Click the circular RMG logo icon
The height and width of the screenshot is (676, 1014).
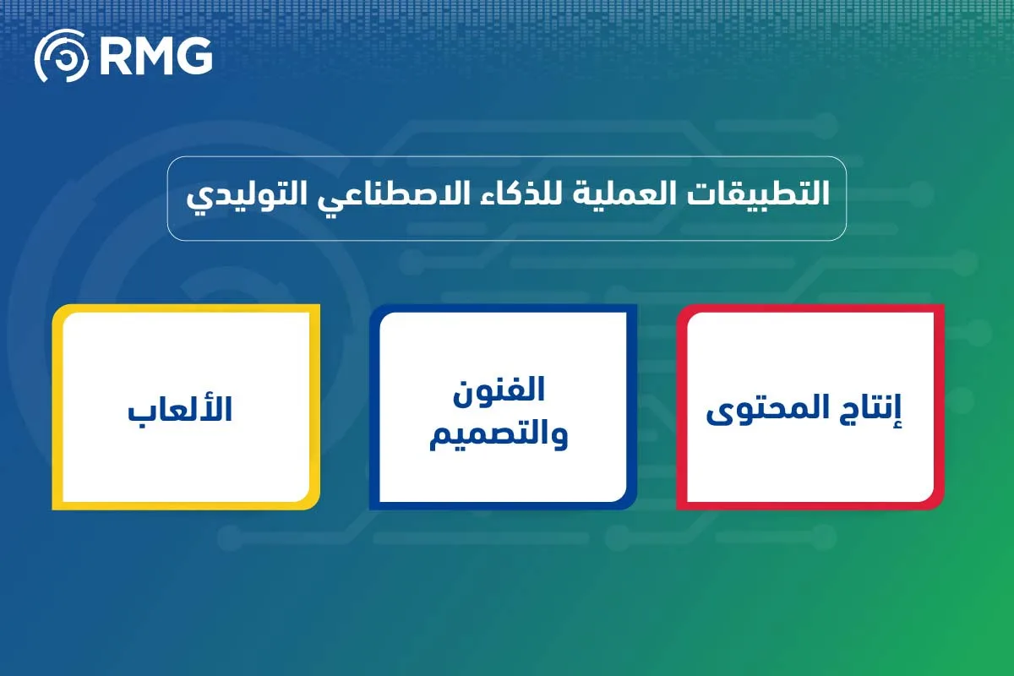click(x=61, y=57)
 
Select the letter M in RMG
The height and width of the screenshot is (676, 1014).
click(x=155, y=57)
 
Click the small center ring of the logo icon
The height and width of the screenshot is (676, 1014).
click(x=61, y=57)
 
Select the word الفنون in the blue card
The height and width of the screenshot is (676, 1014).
click(x=504, y=391)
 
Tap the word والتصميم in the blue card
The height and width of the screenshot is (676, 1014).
click(x=504, y=434)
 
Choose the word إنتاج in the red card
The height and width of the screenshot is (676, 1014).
click(x=867, y=411)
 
